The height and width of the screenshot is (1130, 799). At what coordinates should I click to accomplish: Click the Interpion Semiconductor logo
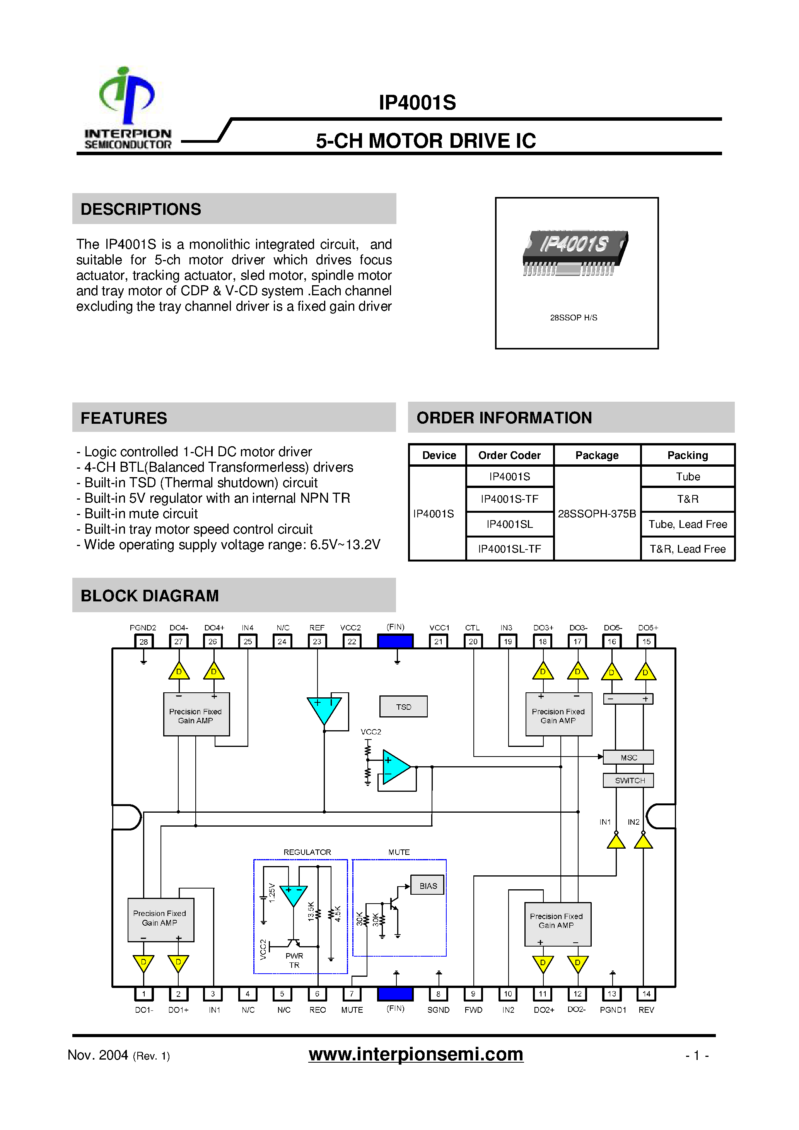coord(127,108)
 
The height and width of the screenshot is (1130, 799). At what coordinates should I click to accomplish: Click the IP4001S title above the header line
coord(417,103)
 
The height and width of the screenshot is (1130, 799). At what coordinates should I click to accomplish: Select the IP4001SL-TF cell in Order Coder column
coord(509,549)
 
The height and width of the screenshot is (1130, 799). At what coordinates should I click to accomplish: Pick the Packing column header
coord(687,455)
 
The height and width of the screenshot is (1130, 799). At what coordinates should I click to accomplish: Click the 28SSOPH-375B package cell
coord(597,513)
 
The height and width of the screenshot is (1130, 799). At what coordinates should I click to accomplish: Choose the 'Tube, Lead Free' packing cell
coord(687,524)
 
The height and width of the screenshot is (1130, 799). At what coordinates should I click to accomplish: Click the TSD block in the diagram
coord(403,707)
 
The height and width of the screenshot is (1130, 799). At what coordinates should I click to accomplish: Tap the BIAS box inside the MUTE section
coord(428,886)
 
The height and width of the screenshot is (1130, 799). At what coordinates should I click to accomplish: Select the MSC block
coord(628,757)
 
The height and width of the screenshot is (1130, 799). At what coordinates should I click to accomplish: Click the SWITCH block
coord(629,780)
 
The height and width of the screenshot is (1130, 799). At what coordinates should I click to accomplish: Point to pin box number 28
coord(143,641)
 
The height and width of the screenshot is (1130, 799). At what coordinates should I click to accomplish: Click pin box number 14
coord(646,994)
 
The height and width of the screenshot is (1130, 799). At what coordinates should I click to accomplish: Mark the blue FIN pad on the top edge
coord(395,641)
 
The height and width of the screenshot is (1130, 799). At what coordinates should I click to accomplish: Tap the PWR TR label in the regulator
coord(294,960)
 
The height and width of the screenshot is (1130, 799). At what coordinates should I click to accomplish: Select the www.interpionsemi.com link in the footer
coord(416,1054)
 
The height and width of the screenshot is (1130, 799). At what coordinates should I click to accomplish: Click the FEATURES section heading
coord(124,418)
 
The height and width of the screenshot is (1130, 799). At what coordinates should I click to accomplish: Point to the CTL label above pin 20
coord(472,628)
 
